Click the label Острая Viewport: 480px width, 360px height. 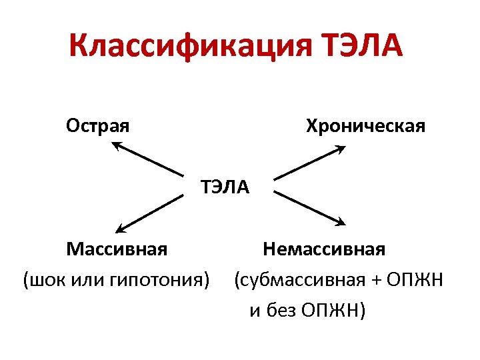pyautogui.click(x=97, y=125)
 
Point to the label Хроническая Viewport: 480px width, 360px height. pyautogui.click(x=365, y=125)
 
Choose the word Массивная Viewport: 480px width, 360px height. pyautogui.click(x=117, y=249)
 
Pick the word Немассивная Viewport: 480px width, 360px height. pyautogui.click(x=324, y=249)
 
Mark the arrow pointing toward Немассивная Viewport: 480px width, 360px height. pyautogui.click(x=310, y=209)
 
